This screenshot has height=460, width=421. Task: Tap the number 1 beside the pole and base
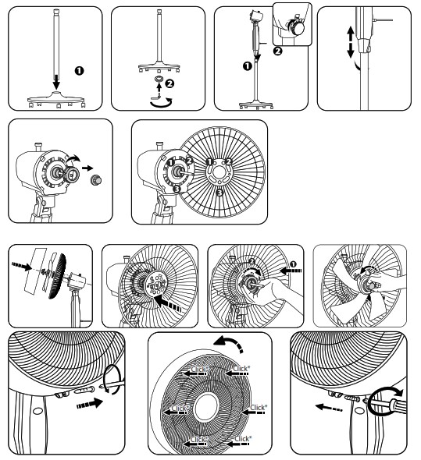[78, 71]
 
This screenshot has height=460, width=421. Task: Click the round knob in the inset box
[298, 25]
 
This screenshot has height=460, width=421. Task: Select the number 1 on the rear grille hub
[209, 161]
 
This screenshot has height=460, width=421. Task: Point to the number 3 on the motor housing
[177, 187]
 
